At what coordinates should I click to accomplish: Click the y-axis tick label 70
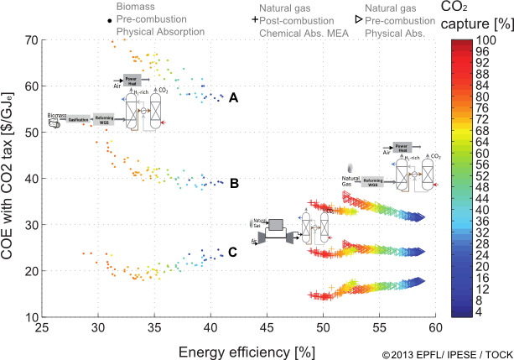(x=31, y=39)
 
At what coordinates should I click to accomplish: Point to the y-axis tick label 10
(x=31, y=317)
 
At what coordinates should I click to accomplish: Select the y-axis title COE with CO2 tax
(x=9, y=179)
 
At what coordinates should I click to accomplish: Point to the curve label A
(x=234, y=98)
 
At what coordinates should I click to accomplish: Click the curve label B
(x=234, y=183)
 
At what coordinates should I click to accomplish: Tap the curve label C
(x=233, y=251)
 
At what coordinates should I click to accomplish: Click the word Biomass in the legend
(x=134, y=6)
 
